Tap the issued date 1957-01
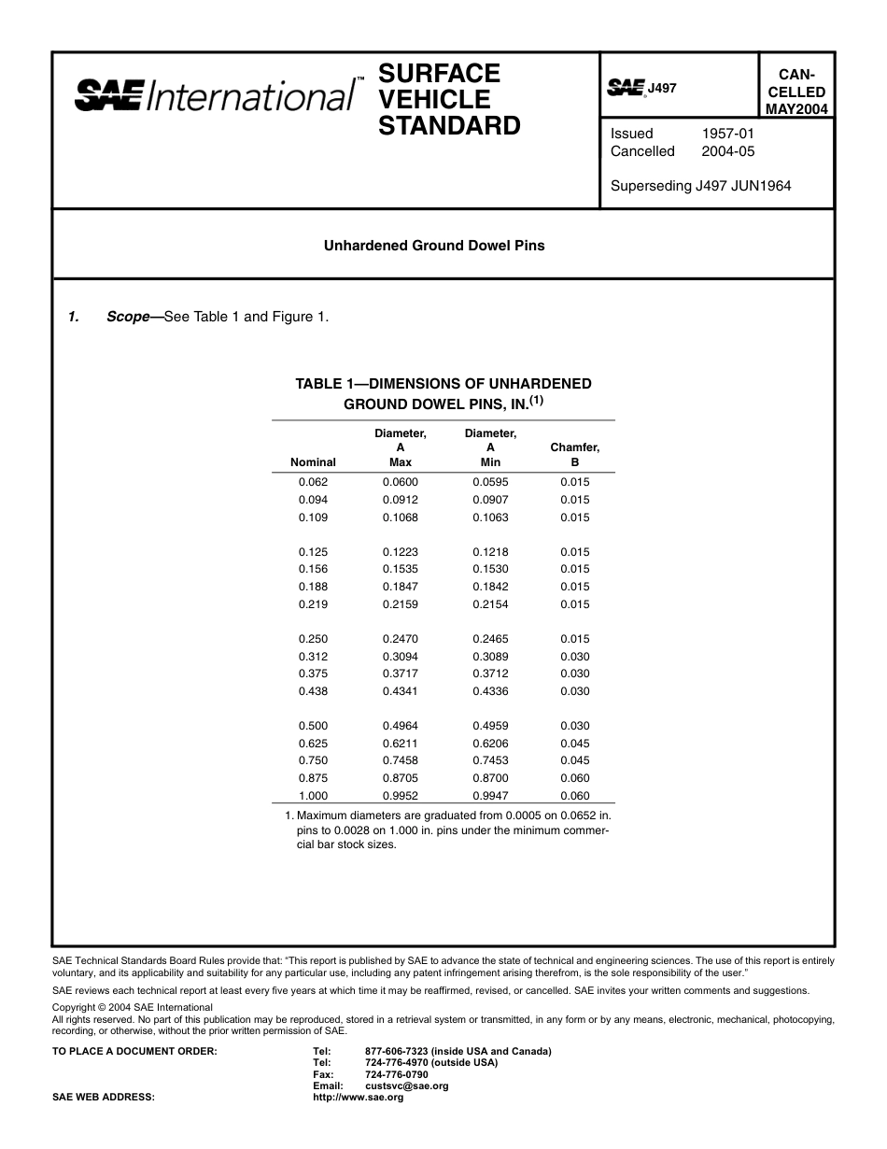coord(727,134)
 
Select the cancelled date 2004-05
coord(727,151)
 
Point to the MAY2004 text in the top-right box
coord(795,109)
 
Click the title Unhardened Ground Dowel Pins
coord(434,246)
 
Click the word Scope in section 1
coord(128,317)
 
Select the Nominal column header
coord(313,461)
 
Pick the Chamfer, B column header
coord(575,454)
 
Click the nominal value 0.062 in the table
coord(313,482)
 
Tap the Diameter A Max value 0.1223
coord(400,552)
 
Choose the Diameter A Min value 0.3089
coord(490,657)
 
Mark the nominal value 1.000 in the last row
coord(313,796)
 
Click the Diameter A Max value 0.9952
coord(400,796)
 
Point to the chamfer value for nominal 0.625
coord(575,744)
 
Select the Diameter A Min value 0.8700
coord(490,778)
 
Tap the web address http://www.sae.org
coord(359,1098)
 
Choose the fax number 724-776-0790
coord(397,1074)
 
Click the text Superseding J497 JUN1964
coord(700,186)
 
